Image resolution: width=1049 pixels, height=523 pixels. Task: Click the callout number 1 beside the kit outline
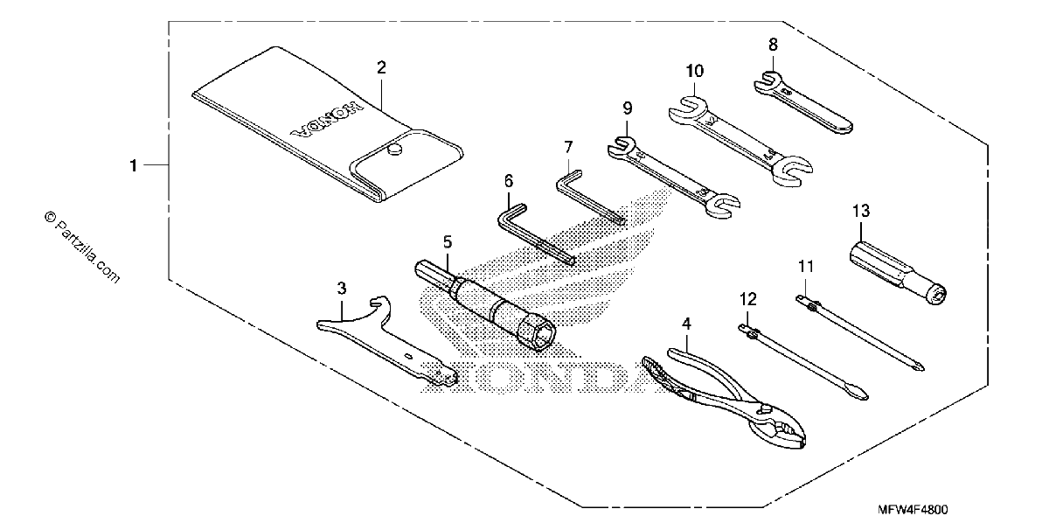tap(134, 165)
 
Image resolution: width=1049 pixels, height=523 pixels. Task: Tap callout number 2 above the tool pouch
tap(382, 68)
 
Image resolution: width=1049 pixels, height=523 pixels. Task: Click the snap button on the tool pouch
tap(395, 150)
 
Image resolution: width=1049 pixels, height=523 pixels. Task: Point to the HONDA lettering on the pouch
tap(327, 119)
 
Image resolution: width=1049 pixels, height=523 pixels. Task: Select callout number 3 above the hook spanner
tap(342, 289)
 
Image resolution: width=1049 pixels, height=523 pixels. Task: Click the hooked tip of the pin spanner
tap(379, 300)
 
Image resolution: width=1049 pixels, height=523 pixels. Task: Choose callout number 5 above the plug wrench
tap(448, 242)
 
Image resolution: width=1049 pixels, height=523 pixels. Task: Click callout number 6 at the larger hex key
tap(509, 181)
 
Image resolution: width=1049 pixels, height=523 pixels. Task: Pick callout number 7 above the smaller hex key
tap(568, 147)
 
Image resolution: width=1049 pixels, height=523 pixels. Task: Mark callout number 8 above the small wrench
tap(773, 45)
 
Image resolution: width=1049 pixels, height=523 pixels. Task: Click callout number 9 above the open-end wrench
tap(628, 108)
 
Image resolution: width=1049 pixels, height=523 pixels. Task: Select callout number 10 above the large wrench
tap(695, 71)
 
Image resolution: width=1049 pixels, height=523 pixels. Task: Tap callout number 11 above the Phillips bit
tap(806, 267)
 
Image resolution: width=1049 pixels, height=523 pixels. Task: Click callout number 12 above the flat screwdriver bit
tap(748, 299)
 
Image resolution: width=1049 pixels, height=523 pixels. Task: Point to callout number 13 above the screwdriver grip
tap(861, 211)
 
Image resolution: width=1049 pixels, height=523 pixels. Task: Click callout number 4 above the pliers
tap(686, 324)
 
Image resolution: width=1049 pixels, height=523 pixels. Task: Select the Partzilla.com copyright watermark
tap(82, 248)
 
